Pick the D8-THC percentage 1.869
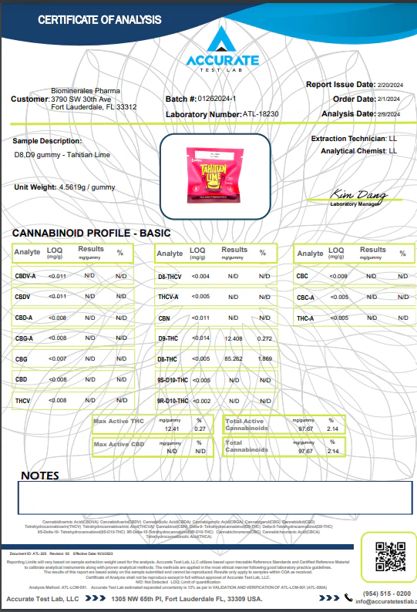coord(264,359)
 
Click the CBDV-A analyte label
coord(25,275)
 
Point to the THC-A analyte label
coord(307,318)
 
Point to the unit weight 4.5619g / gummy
coord(86,187)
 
